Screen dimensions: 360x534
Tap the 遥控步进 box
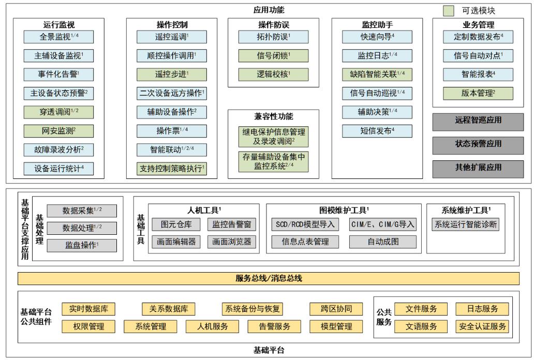(x=172, y=74)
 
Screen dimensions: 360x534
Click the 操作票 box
(x=172, y=131)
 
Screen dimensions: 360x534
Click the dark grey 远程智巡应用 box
(x=479, y=121)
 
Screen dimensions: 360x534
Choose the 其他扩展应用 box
(x=479, y=167)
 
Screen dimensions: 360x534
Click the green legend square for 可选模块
(x=449, y=10)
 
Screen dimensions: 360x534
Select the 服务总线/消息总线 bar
(x=269, y=278)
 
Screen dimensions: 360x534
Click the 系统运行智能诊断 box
(x=466, y=224)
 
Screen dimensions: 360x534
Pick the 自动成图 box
(x=382, y=242)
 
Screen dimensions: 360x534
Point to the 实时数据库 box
(x=88, y=309)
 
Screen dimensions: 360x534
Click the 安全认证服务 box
(x=482, y=326)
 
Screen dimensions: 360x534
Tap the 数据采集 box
(x=82, y=211)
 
